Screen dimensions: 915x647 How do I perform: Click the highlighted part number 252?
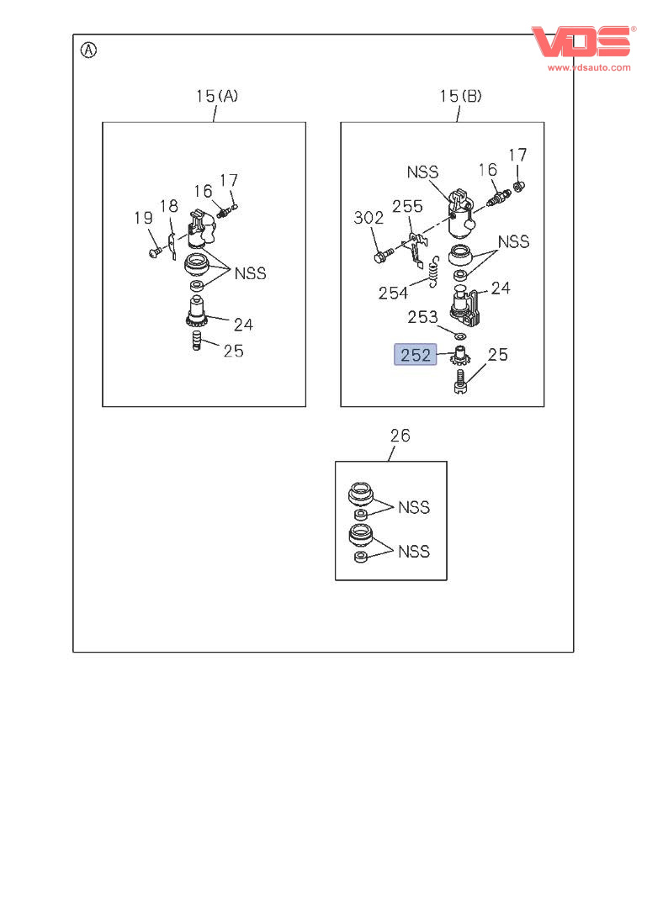coord(416,355)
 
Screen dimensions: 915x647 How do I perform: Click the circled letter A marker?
coord(88,50)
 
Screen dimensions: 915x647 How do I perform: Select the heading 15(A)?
coord(217,96)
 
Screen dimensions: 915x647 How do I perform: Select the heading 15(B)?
coord(460,96)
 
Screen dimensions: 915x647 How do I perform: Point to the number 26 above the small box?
coord(400,435)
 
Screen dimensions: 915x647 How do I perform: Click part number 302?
coord(369,218)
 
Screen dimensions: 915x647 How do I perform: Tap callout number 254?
coord(393,292)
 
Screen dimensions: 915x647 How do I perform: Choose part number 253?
coord(422,316)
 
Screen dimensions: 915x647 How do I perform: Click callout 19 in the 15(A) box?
coord(143,218)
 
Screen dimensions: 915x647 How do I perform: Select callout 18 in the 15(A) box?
coord(169,206)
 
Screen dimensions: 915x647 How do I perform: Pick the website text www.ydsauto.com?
coord(588,67)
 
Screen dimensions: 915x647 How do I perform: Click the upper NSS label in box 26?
coord(413,507)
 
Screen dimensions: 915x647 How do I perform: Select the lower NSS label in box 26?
coord(413,551)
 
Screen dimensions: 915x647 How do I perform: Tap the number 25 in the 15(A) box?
coord(233,350)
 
